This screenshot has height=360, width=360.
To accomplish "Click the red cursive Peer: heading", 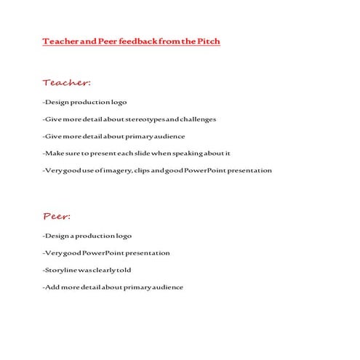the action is [56, 216].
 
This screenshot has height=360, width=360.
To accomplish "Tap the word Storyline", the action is [61, 270].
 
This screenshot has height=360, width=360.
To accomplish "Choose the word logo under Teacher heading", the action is [117, 102].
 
